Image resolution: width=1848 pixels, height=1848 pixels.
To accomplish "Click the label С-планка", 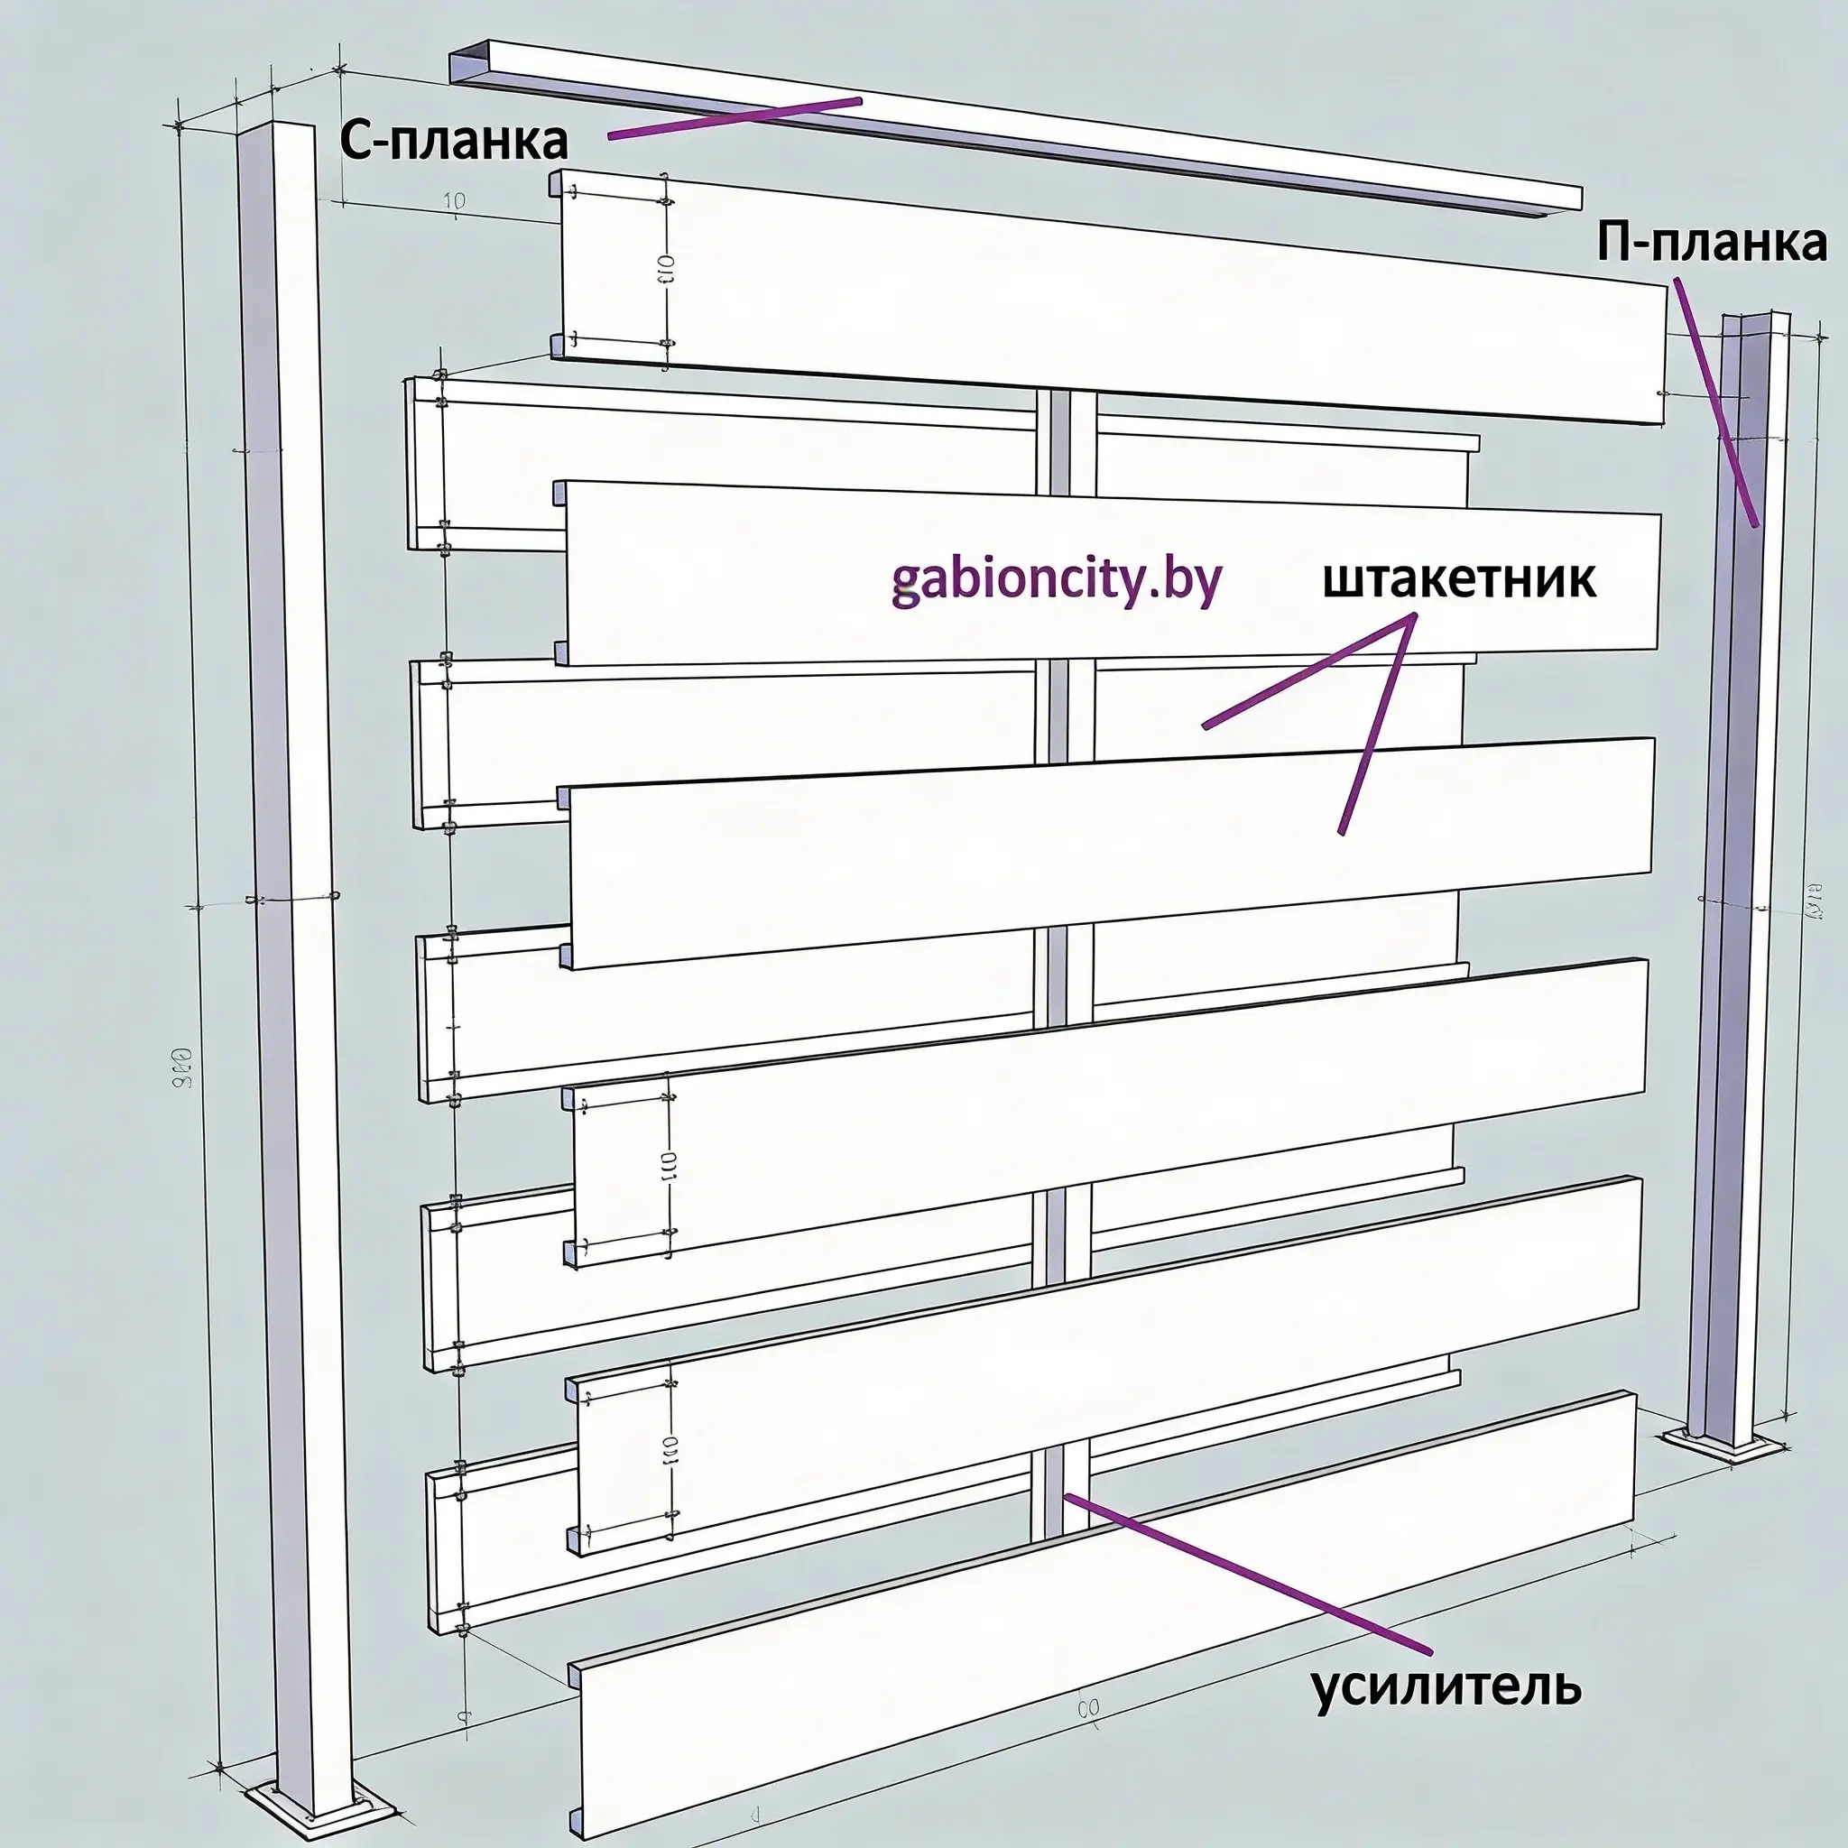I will pyautogui.click(x=455, y=142).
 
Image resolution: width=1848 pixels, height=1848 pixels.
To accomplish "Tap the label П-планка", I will pyautogui.click(x=1711, y=244).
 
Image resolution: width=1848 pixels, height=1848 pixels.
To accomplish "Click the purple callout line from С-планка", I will pyautogui.click(x=735, y=117).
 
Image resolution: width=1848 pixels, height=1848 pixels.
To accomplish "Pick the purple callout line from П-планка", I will pyautogui.click(x=1715, y=402).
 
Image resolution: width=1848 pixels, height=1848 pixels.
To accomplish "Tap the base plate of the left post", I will pyautogui.click(x=320, y=1806).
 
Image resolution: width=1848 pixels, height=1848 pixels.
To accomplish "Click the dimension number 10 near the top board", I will pyautogui.click(x=456, y=201).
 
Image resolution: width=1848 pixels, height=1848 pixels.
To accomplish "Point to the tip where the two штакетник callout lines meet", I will pyautogui.click(x=1413, y=617).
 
